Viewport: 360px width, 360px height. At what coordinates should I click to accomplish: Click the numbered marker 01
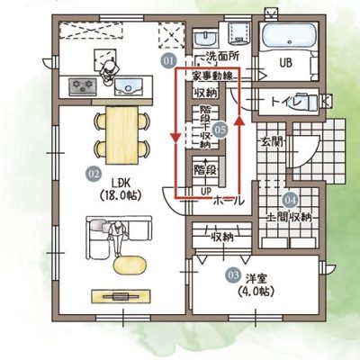pos(168,61)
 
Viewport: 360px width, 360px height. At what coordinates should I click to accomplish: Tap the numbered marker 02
pos(94,174)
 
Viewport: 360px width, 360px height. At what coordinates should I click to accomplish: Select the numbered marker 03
pos(233,274)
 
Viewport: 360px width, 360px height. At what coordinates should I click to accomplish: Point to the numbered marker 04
pos(290,200)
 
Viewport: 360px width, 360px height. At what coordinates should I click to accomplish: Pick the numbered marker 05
pos(220,130)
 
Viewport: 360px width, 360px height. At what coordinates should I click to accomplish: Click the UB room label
pos(285,63)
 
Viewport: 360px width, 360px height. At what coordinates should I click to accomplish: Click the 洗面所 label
pos(222,56)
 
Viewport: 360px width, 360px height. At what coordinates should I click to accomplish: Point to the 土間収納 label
pos(290,217)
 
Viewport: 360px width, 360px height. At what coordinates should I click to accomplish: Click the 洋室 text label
pos(256,279)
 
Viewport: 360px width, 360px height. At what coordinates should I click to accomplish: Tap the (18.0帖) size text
pos(120,195)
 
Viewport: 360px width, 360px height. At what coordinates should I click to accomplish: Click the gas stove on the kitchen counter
pos(83,85)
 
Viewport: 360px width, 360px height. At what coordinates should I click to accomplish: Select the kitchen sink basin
pos(129,85)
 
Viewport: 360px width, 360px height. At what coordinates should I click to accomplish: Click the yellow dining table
pos(121,136)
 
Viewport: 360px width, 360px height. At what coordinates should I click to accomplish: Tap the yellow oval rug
pos(130,265)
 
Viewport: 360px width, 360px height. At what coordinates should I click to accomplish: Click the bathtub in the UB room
pos(289,37)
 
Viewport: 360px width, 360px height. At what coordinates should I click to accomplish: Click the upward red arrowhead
pos(239,121)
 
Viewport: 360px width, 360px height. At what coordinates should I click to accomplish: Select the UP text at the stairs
pos(206,191)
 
